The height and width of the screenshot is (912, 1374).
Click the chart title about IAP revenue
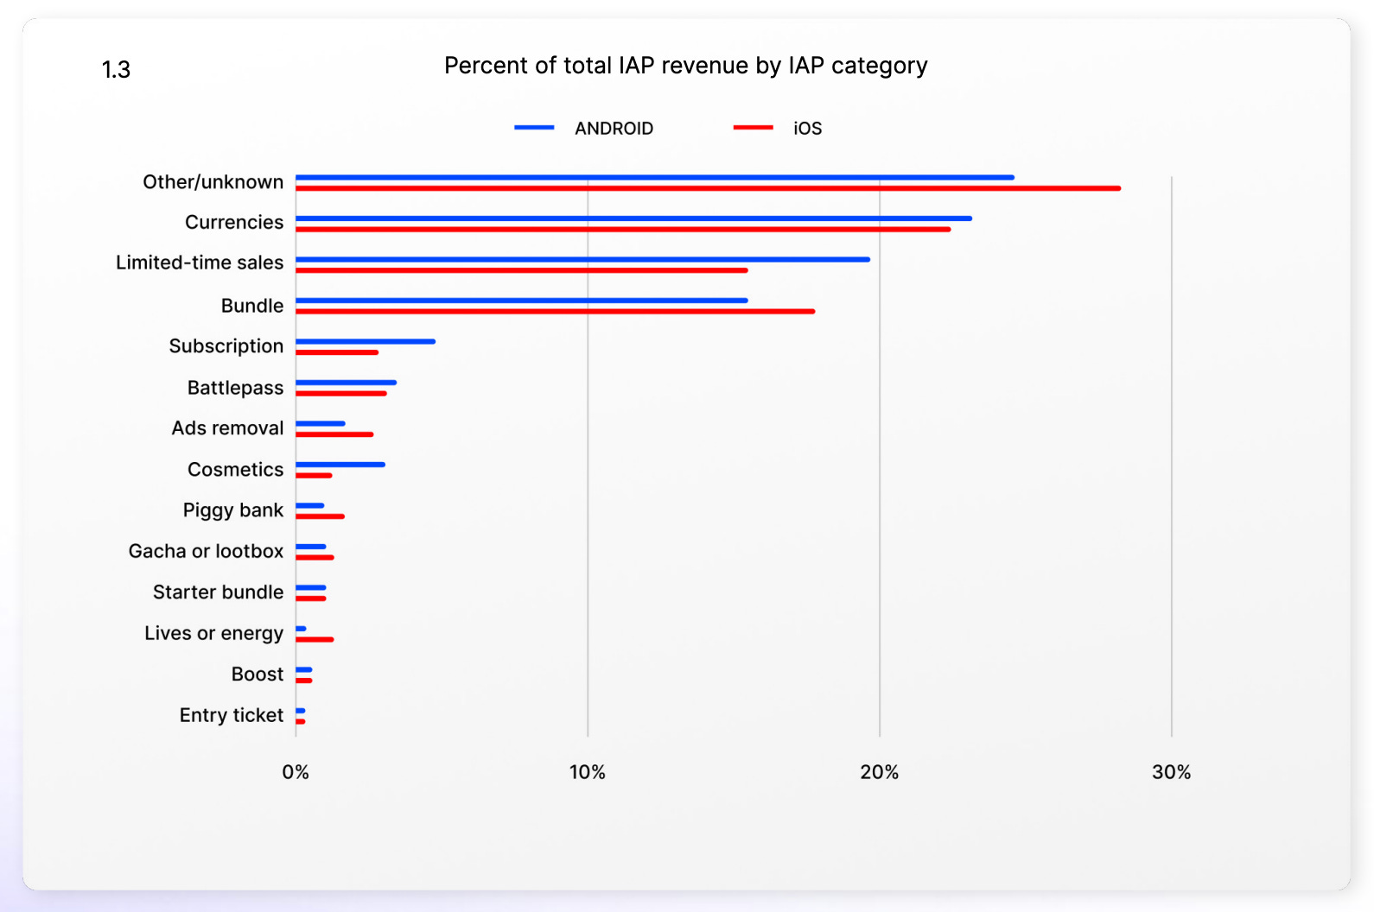685,66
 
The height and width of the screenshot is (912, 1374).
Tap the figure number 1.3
116,69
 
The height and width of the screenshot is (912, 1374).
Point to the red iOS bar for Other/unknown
708,188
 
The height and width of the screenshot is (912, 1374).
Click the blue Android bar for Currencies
633,218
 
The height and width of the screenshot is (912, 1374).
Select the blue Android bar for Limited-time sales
582,259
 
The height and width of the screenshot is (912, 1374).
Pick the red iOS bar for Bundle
555,311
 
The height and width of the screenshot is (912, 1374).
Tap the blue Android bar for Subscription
366,341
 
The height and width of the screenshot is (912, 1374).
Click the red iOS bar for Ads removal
334,434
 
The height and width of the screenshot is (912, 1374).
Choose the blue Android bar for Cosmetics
340,465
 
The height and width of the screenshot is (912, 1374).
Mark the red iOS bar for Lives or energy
315,639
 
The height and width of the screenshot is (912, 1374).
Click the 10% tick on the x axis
587,772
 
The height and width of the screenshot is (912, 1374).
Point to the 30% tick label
1171,772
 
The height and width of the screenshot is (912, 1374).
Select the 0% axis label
296,772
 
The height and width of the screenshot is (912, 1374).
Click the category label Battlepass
235,388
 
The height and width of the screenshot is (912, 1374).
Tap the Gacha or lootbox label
206,551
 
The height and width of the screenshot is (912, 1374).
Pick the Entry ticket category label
231,715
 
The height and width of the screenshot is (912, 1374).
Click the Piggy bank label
232,510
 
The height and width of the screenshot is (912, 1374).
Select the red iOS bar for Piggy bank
320,516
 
